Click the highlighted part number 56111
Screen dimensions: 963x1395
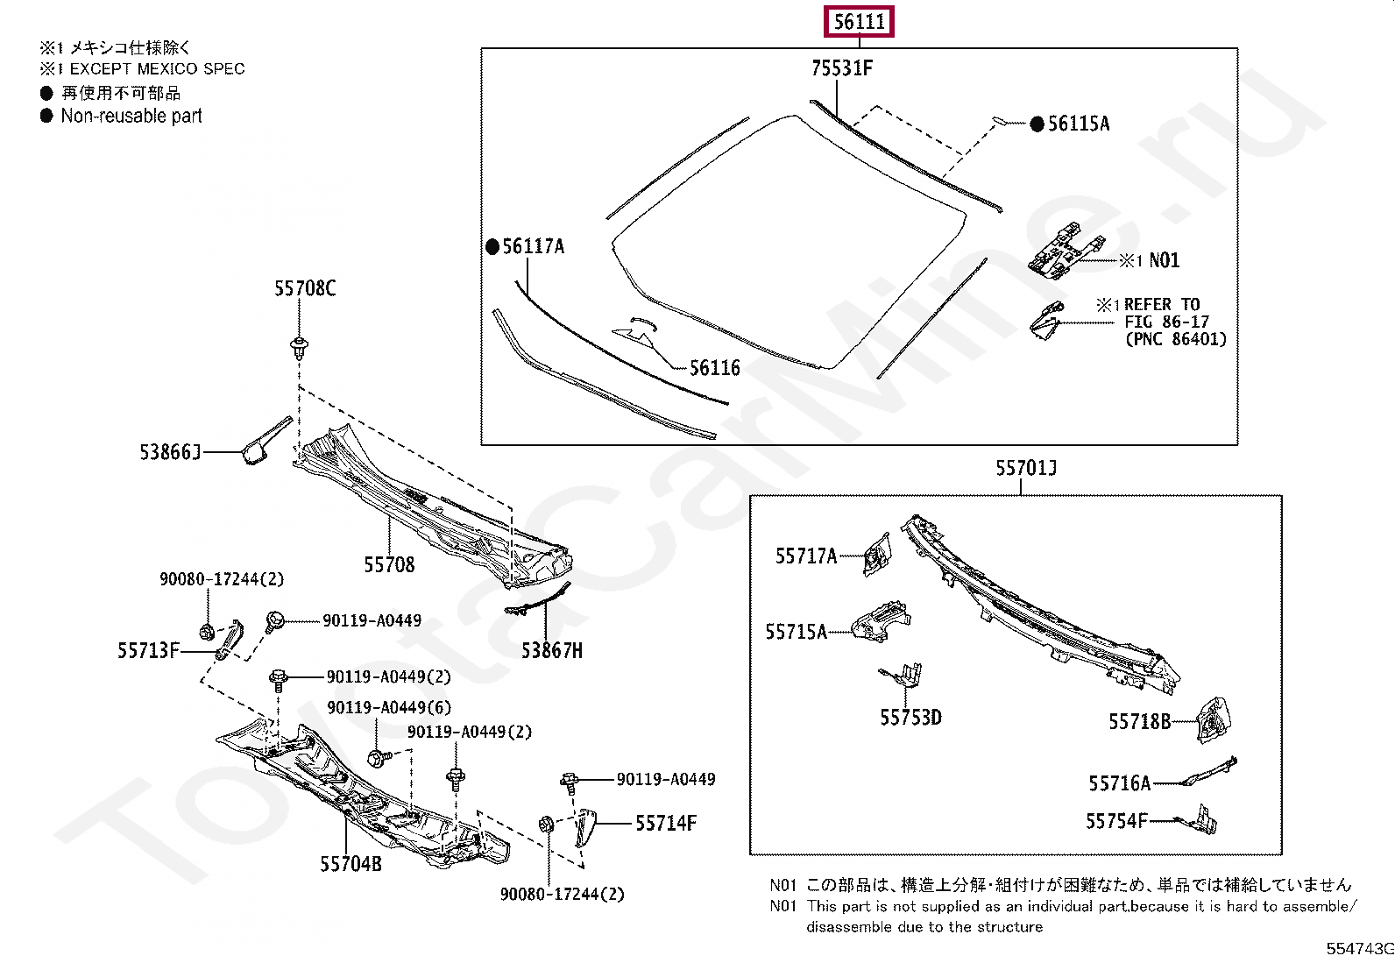pos(859,21)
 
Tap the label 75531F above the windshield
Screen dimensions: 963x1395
pos(841,67)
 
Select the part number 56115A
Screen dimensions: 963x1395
pos(1078,124)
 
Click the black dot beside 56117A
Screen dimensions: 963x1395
pos(492,247)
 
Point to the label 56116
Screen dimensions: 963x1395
pos(714,368)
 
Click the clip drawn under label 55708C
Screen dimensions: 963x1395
pos(300,346)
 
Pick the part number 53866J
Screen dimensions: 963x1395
pos(170,452)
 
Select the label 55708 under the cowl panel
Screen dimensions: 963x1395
pos(389,565)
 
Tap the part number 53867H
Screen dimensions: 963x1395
pos(551,650)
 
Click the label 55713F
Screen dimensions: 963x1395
pos(148,650)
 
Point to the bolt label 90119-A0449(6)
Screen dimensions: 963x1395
pos(389,707)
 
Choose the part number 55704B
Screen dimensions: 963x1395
pos(351,864)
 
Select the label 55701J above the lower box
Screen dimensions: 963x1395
pos(1025,468)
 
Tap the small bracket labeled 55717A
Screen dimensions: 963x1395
pos(876,556)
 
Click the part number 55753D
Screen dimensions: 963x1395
pos(910,718)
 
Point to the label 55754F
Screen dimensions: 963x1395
pos(1115,821)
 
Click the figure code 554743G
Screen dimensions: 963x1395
pos(1359,949)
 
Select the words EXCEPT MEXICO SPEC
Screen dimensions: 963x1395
pos(157,68)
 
